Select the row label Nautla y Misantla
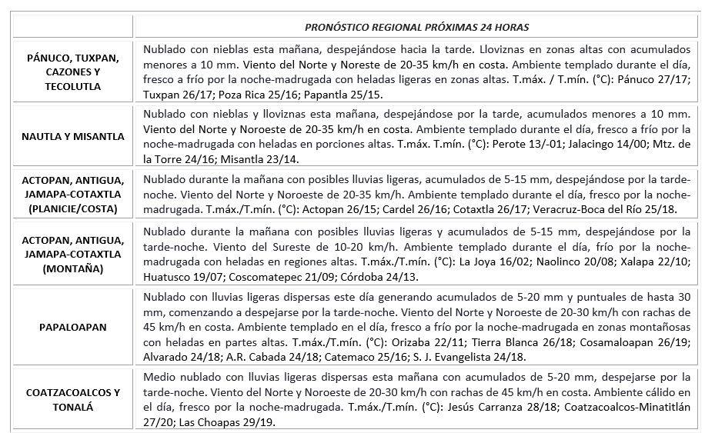[x=74, y=136]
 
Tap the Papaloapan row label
[x=74, y=326]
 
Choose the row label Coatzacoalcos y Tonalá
[x=74, y=399]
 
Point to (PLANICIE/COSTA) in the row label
[x=74, y=208]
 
